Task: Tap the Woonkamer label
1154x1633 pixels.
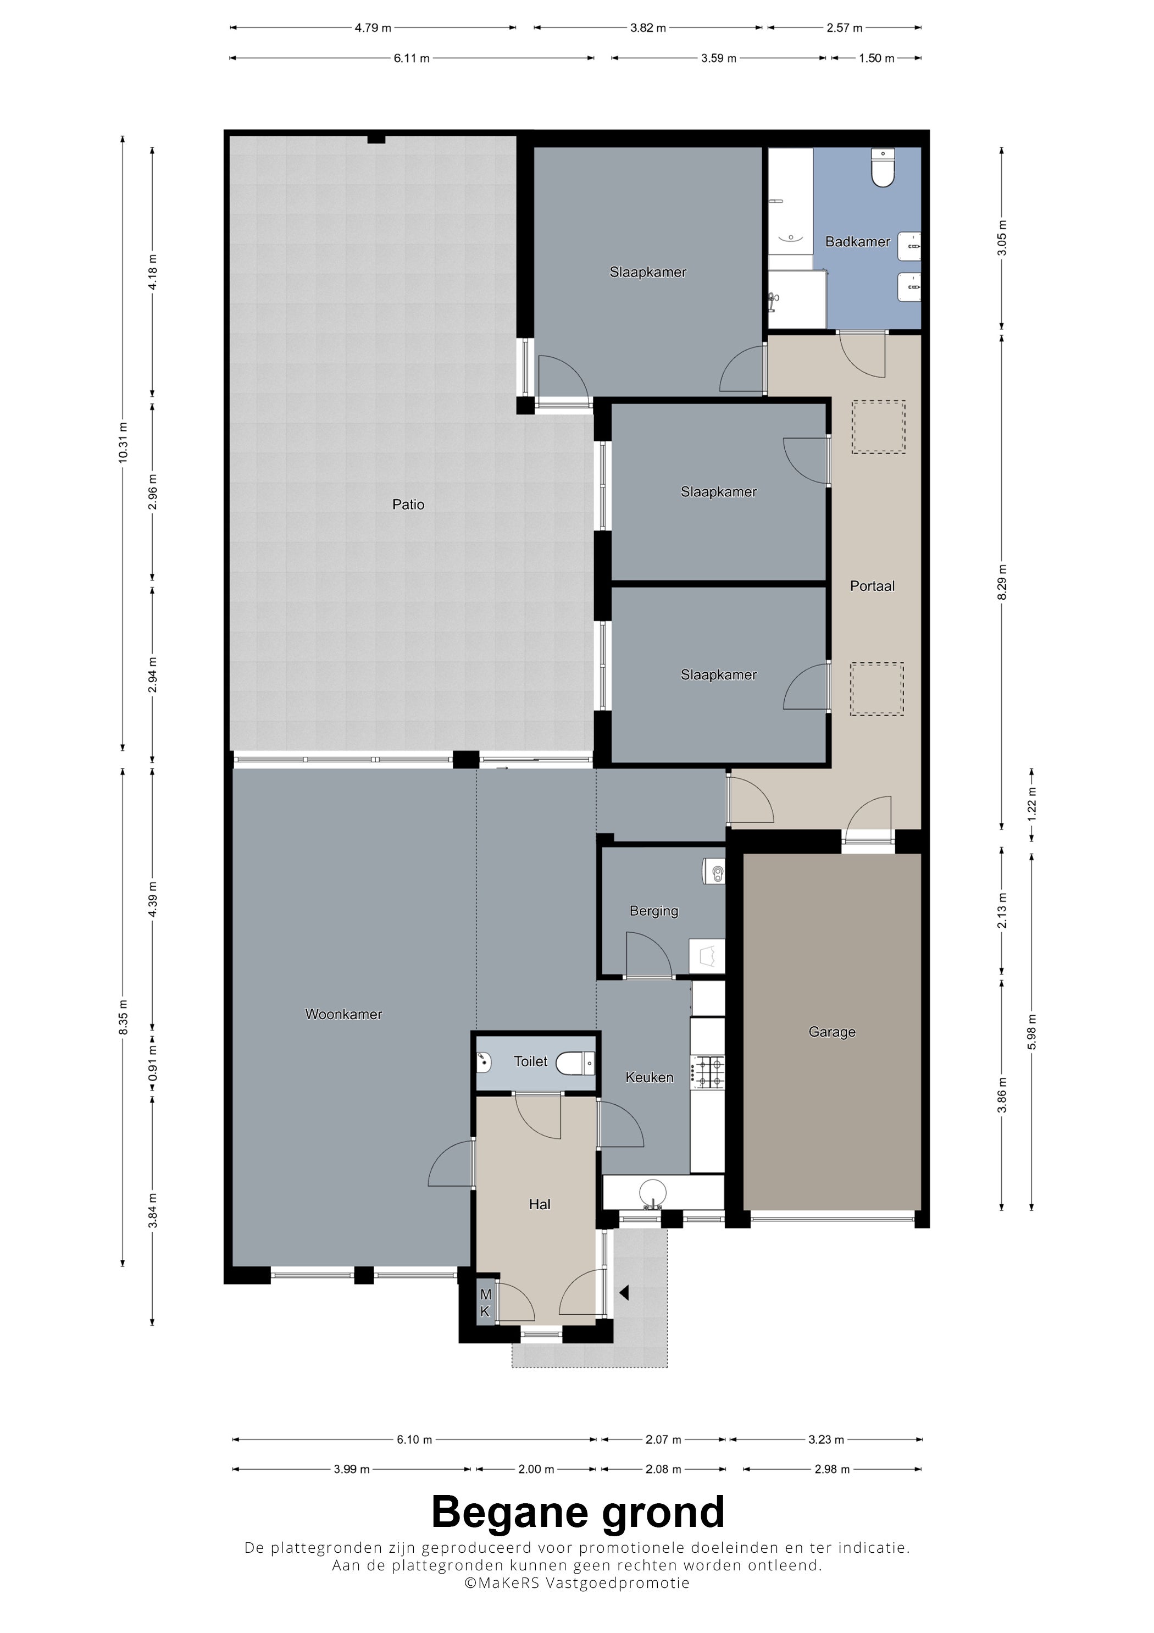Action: [x=343, y=1014]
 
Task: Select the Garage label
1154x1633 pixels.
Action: [x=832, y=1032]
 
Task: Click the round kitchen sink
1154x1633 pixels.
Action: [x=653, y=1193]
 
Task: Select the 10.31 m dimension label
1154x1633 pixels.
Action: [x=123, y=442]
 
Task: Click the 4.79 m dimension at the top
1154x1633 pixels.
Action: [x=373, y=27]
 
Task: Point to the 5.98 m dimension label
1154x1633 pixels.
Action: [x=1031, y=1031]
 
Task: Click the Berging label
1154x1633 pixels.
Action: [x=654, y=911]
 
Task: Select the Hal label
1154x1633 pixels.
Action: [x=540, y=1204]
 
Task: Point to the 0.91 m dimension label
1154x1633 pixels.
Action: [x=153, y=1062]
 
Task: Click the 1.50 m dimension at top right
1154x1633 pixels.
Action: [x=876, y=58]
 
